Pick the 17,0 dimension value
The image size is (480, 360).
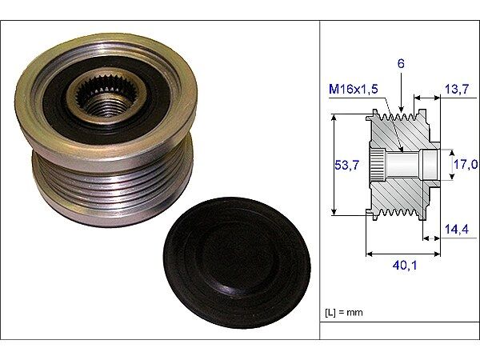465,165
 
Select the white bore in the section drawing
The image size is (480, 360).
416,165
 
